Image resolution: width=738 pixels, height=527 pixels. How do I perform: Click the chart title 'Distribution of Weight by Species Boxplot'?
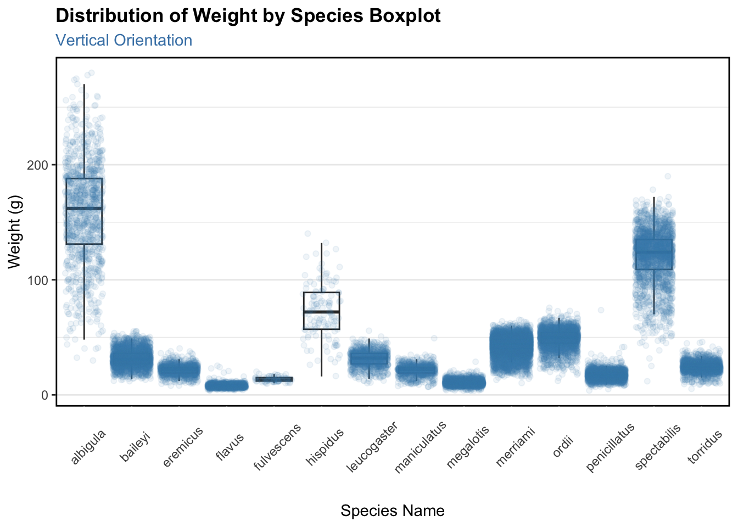(x=248, y=16)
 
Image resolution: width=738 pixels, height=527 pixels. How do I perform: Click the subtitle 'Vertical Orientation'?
(x=124, y=41)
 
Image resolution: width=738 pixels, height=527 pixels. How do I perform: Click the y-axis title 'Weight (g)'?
(x=15, y=231)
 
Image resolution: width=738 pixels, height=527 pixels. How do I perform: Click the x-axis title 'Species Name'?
(x=392, y=511)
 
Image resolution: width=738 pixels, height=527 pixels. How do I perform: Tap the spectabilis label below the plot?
(x=657, y=446)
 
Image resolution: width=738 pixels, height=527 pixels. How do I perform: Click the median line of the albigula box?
(x=84, y=209)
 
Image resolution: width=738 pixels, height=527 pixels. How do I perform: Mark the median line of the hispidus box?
(x=321, y=312)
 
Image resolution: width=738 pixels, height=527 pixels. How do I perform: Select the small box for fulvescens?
(x=274, y=379)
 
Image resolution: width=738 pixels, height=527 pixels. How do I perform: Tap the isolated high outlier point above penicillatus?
(x=601, y=310)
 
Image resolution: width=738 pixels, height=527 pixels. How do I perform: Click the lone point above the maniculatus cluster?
(x=434, y=338)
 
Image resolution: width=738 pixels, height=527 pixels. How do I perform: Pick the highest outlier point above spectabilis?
(x=668, y=176)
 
